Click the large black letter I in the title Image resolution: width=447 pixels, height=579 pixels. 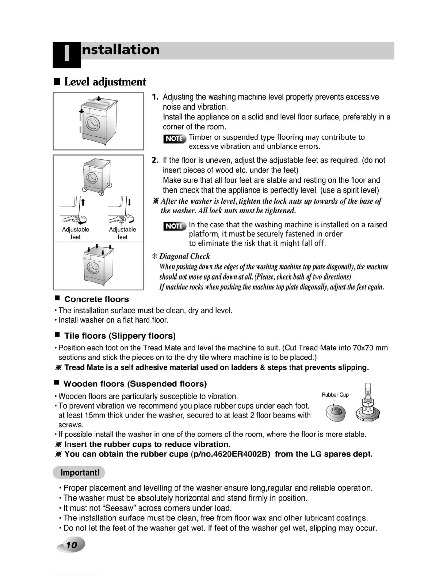(66, 54)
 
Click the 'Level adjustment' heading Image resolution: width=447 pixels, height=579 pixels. (105, 82)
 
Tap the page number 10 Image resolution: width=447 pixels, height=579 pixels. (72, 545)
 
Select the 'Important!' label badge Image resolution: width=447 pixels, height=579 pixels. (79, 473)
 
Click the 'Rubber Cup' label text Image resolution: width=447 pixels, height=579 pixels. (335, 395)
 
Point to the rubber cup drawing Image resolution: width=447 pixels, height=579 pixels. (336, 413)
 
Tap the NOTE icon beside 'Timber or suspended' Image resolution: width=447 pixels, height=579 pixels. (175, 139)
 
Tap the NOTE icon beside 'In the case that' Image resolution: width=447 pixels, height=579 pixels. (175, 226)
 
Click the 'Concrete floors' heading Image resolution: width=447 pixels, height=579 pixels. (96, 299)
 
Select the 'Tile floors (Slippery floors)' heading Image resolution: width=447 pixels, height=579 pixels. (120, 336)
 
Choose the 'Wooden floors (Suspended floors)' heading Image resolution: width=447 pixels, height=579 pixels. (135, 384)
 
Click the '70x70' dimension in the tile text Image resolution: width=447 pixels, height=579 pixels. (363, 348)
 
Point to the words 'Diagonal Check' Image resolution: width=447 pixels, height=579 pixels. (184, 256)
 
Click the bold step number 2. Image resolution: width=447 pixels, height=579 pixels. (155, 160)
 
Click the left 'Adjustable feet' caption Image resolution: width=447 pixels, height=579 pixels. (76, 233)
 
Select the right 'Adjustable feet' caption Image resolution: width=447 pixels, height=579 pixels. (122, 233)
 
